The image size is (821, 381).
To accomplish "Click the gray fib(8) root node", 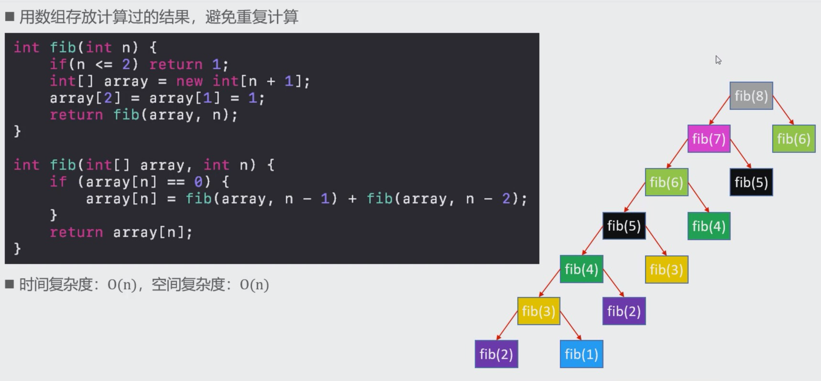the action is (x=751, y=96).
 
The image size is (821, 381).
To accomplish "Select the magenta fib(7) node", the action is (x=709, y=139).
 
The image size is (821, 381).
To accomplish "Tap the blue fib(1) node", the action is (x=581, y=354).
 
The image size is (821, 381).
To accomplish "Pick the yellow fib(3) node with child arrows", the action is (x=538, y=311).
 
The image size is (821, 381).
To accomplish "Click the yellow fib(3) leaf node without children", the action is (x=666, y=270).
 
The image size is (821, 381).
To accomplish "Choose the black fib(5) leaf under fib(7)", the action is (x=751, y=182).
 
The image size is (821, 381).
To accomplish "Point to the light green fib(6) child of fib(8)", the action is (x=793, y=139).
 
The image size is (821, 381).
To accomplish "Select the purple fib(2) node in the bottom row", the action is (x=496, y=354).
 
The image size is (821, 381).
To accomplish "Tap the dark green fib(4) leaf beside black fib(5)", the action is (x=709, y=226).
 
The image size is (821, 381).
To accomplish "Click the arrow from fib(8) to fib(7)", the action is (x=720, y=110).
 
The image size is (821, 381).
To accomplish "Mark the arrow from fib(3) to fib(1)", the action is (x=570, y=326).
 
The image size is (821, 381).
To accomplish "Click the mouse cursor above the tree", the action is (x=718, y=60).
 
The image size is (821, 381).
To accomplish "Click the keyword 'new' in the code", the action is (x=189, y=82).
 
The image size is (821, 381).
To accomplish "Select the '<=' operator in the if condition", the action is (x=104, y=64).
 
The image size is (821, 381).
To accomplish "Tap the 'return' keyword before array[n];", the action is (x=77, y=233).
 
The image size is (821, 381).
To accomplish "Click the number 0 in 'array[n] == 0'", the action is (x=198, y=182).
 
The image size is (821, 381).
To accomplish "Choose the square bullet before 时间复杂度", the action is (x=10, y=285).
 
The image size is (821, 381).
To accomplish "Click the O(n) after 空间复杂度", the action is (x=254, y=285).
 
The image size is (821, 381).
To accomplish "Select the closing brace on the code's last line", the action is (x=17, y=249).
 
